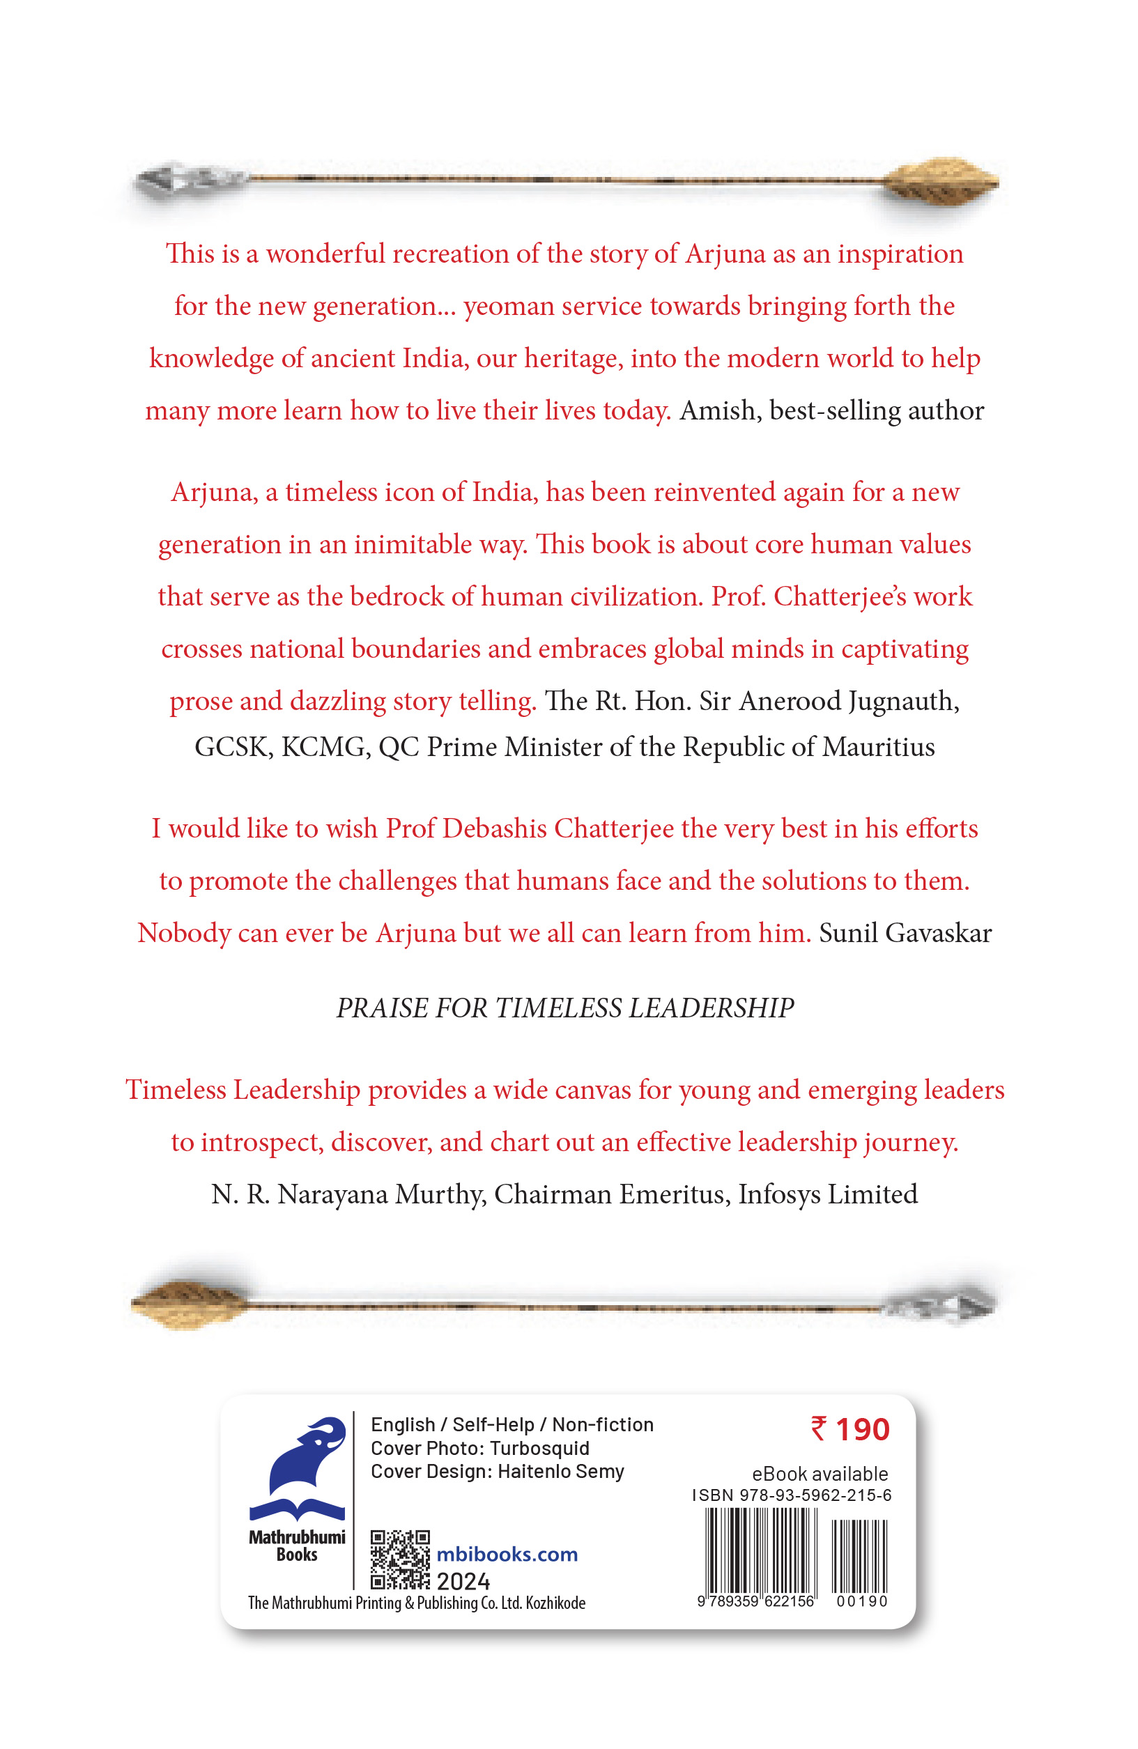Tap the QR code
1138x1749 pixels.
[x=399, y=1559]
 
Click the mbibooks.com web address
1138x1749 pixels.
[x=507, y=1555]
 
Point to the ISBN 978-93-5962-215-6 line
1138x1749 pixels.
[x=792, y=1495]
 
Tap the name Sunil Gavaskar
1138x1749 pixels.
[x=905, y=932]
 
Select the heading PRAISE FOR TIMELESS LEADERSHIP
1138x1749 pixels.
[x=564, y=1008]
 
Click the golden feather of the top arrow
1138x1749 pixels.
[x=940, y=180]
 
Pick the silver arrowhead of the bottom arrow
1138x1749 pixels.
[x=940, y=1305]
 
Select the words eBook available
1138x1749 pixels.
[x=820, y=1474]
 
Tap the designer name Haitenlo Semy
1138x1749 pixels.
[x=560, y=1471]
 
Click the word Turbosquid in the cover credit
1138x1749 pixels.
[x=539, y=1448]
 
